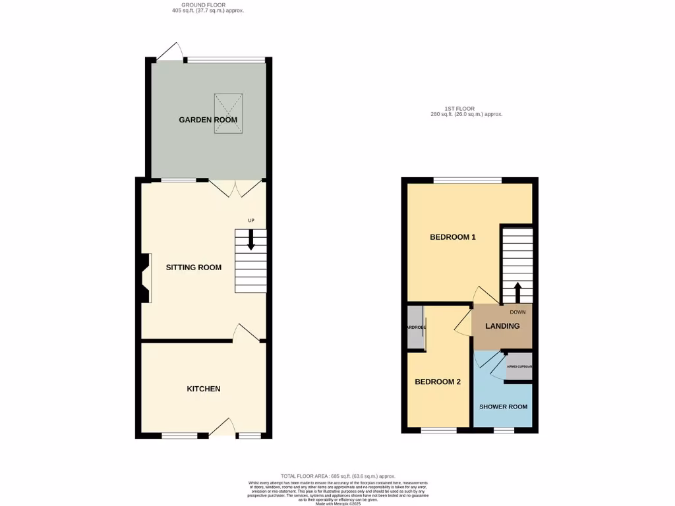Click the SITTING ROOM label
point(193,267)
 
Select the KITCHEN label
point(203,389)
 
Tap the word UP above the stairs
point(250,221)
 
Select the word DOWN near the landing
point(517,312)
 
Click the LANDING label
point(502,326)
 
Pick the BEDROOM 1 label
point(453,237)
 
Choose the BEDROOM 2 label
point(437,381)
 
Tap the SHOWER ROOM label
point(503,407)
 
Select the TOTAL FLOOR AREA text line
point(337,476)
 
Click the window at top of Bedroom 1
point(467,180)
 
